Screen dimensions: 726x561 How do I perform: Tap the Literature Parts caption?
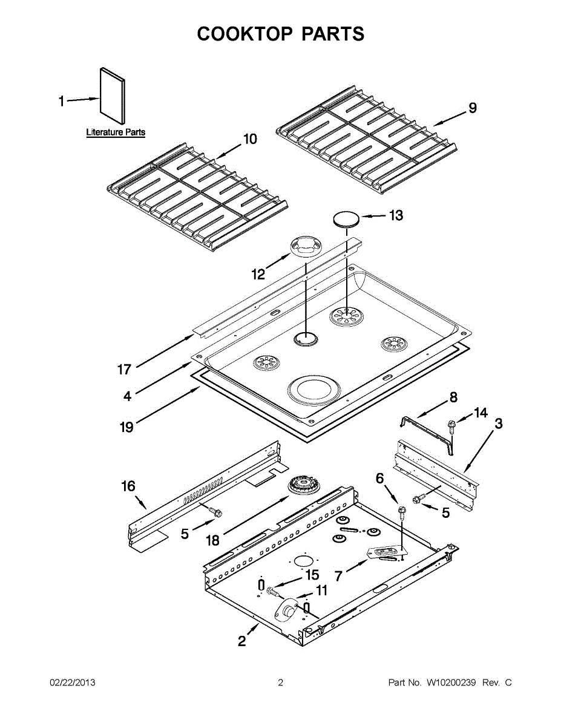116,132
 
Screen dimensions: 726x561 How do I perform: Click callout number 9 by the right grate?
473,108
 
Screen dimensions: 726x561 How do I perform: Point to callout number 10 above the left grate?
250,139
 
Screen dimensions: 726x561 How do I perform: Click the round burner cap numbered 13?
345,219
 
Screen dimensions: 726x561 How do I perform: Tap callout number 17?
124,369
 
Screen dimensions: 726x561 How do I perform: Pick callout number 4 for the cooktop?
127,397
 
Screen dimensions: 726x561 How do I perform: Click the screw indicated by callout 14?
451,427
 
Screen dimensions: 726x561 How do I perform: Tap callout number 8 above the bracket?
453,397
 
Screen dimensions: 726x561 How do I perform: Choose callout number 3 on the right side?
498,423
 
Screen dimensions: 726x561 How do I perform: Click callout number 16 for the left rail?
128,486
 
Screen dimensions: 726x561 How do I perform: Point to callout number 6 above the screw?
380,479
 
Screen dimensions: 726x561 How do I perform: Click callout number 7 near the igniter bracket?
339,576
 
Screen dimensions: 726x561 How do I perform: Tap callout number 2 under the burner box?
242,642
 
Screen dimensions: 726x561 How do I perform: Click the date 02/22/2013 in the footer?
72,683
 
